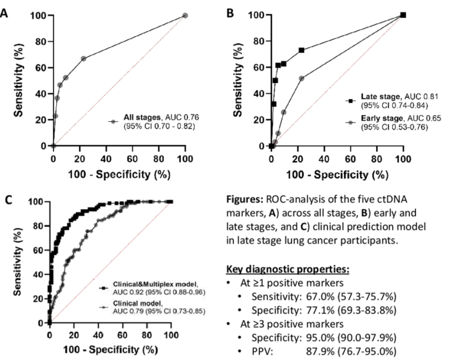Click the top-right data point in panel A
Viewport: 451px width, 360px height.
coord(185,15)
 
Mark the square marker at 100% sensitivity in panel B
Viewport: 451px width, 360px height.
coord(403,15)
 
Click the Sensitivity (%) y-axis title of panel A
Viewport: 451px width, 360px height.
coord(19,80)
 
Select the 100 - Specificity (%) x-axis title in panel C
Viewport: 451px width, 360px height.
coord(110,349)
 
